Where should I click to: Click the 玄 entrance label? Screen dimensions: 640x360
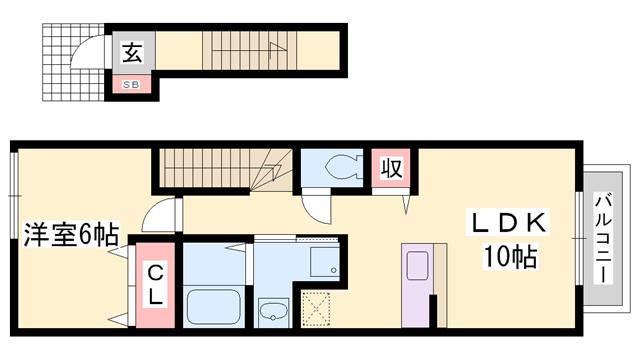click(x=133, y=52)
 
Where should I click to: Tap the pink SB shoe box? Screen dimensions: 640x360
click(x=131, y=84)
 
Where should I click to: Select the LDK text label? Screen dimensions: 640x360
click(x=509, y=222)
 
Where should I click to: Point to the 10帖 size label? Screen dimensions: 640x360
click(x=510, y=256)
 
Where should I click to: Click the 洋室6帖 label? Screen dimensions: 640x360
click(x=71, y=234)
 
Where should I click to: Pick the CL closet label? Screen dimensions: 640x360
click(x=155, y=285)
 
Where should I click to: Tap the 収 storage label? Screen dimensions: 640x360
click(x=391, y=168)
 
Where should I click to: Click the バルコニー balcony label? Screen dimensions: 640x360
click(x=603, y=239)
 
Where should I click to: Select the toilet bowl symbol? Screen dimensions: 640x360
click(x=343, y=167)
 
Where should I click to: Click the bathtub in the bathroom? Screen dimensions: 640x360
click(x=213, y=307)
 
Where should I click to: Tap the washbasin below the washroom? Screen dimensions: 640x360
click(x=273, y=313)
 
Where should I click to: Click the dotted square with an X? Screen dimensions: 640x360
click(x=316, y=309)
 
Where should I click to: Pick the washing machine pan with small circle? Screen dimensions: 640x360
click(x=324, y=262)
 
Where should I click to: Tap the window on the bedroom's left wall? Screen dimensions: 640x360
click(x=14, y=196)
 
